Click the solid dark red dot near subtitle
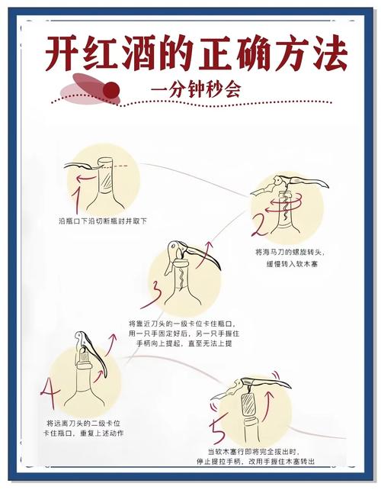pos(111,90)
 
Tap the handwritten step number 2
pos(259,226)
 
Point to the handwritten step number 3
pos(157,292)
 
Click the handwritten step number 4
pos(50,394)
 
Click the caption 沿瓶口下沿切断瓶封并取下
pos(103,220)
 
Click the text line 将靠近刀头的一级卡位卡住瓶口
pos(179,324)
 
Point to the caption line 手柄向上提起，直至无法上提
pos(179,344)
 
